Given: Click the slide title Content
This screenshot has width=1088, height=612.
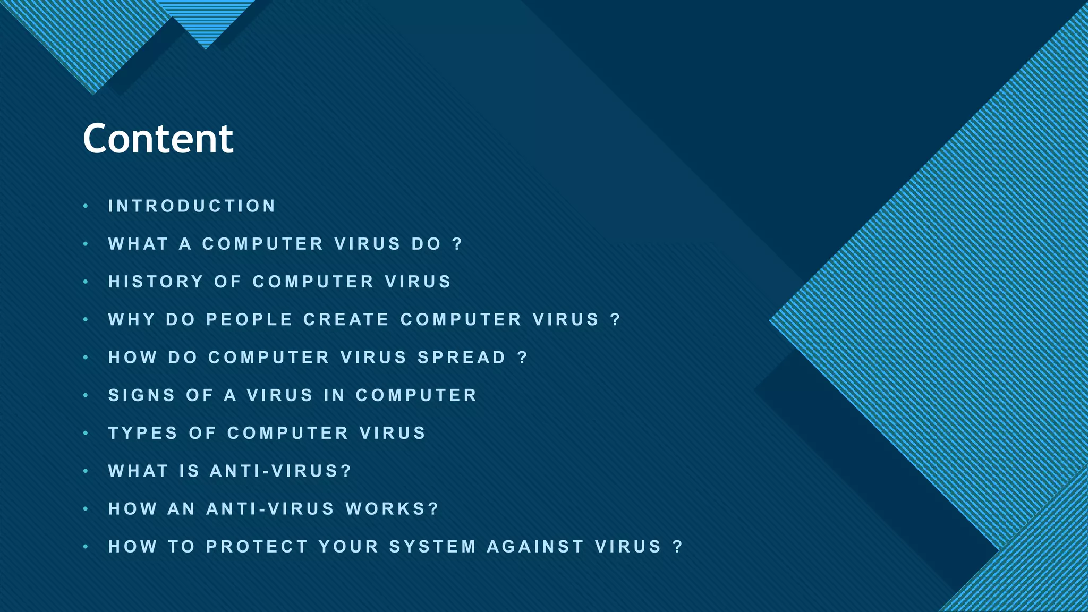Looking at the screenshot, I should click(x=158, y=139).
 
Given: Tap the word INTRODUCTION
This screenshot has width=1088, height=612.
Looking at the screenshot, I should click(x=192, y=206).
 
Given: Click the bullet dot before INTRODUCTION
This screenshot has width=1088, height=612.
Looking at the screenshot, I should click(x=86, y=206).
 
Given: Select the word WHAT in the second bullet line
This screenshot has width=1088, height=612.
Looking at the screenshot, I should click(x=138, y=244).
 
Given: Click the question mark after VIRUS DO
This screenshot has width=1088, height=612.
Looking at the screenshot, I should click(x=457, y=244).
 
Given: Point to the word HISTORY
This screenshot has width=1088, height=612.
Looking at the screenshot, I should click(x=156, y=282).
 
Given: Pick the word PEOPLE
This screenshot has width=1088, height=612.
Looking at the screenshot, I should click(x=249, y=319).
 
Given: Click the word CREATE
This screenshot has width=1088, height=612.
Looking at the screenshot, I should click(x=346, y=319).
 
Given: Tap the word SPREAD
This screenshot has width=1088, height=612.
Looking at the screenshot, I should click(x=462, y=358).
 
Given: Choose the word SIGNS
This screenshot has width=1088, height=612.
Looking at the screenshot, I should click(x=142, y=395).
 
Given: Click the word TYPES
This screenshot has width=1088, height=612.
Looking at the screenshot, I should click(x=143, y=433).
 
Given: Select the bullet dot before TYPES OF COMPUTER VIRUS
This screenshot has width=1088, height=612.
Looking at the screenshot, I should click(x=86, y=433).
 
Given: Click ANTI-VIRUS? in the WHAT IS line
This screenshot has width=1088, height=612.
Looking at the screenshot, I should click(x=281, y=471).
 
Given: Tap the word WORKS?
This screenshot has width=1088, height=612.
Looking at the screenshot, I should click(x=393, y=509).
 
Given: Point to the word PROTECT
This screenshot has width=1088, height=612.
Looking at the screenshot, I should click(x=257, y=547).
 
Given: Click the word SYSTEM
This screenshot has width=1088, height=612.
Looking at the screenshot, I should click(x=432, y=547).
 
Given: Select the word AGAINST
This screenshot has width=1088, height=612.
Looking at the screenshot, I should click(x=535, y=547).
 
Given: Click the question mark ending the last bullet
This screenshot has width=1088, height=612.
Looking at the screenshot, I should click(x=677, y=547).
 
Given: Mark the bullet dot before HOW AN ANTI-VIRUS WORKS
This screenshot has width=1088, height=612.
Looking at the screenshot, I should click(x=86, y=509).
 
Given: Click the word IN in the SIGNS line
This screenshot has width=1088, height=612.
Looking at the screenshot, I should click(x=334, y=395).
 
